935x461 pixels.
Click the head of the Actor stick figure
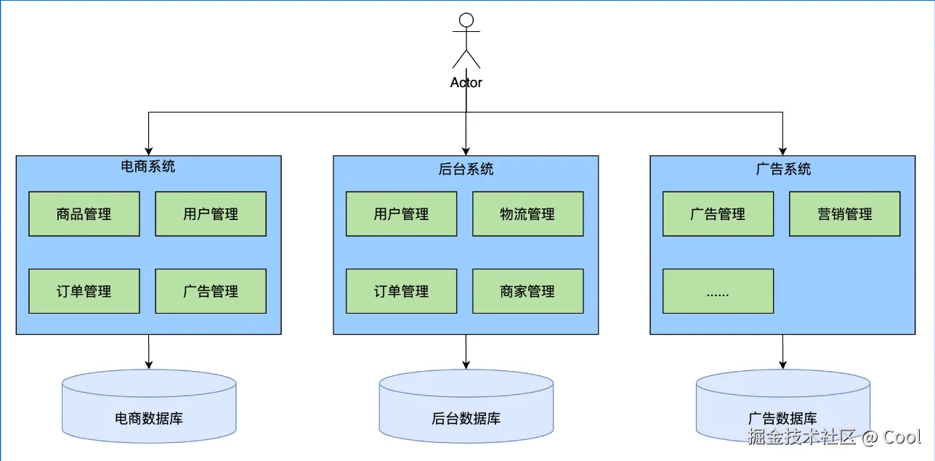(x=466, y=20)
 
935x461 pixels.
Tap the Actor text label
(x=466, y=82)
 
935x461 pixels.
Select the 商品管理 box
(x=84, y=214)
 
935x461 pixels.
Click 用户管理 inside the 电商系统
(x=211, y=214)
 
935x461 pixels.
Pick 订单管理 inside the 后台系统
(x=401, y=291)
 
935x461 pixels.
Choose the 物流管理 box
(x=527, y=214)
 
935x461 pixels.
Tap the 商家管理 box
(x=527, y=291)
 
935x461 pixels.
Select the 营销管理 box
(x=844, y=214)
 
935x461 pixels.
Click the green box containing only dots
(x=718, y=291)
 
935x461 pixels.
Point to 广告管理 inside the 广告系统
(x=718, y=214)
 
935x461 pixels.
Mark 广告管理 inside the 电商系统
(x=211, y=291)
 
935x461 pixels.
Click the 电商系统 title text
(x=148, y=166)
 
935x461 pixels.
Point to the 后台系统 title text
(x=466, y=169)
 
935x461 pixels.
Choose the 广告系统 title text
(x=783, y=169)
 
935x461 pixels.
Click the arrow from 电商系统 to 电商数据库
(x=149, y=351)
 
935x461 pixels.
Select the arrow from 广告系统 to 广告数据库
(x=783, y=351)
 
